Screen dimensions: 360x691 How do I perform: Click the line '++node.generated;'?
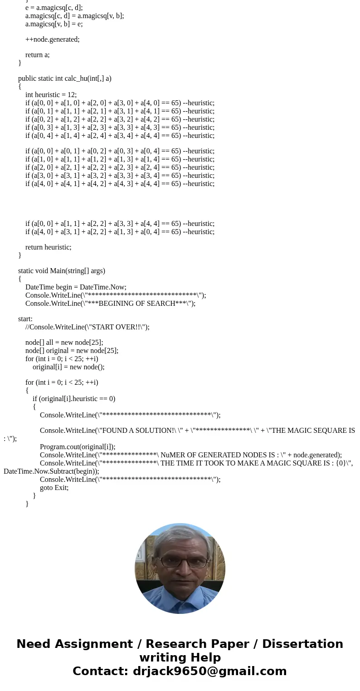52,39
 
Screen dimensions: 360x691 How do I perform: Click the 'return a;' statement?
37,55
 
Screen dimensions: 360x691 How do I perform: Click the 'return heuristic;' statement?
48,247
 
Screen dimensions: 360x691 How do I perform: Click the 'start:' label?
25,319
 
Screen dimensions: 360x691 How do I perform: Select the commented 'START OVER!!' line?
87,327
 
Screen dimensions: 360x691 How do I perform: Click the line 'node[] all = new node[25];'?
64,343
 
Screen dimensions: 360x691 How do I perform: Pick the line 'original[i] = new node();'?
68,367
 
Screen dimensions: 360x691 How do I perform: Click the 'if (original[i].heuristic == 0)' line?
74,399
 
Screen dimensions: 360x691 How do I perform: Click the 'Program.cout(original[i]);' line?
78,447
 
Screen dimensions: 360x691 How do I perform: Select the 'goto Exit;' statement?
54,488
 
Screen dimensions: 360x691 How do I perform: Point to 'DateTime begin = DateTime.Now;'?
76,287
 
